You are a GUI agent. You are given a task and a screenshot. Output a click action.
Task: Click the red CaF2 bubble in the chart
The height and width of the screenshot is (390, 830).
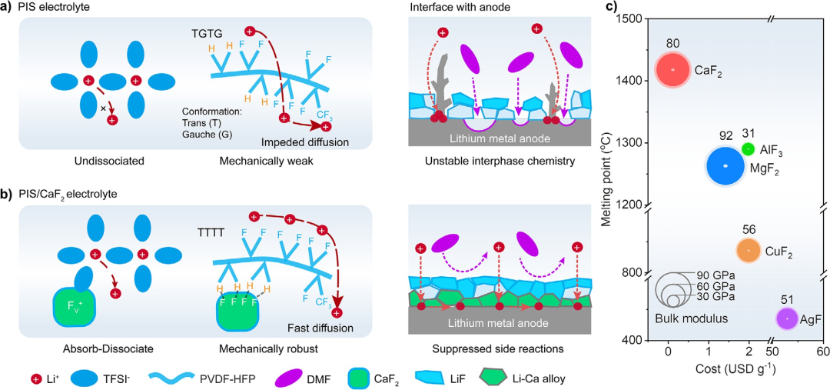coord(672,69)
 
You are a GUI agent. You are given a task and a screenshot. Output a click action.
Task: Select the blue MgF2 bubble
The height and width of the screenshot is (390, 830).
coord(725,166)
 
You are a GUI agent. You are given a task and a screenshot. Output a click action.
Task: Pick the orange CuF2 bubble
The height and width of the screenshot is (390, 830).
coord(749,250)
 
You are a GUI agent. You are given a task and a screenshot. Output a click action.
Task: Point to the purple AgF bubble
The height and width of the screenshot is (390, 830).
coord(787,318)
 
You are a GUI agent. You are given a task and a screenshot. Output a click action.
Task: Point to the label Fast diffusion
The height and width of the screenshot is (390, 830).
coord(323,328)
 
